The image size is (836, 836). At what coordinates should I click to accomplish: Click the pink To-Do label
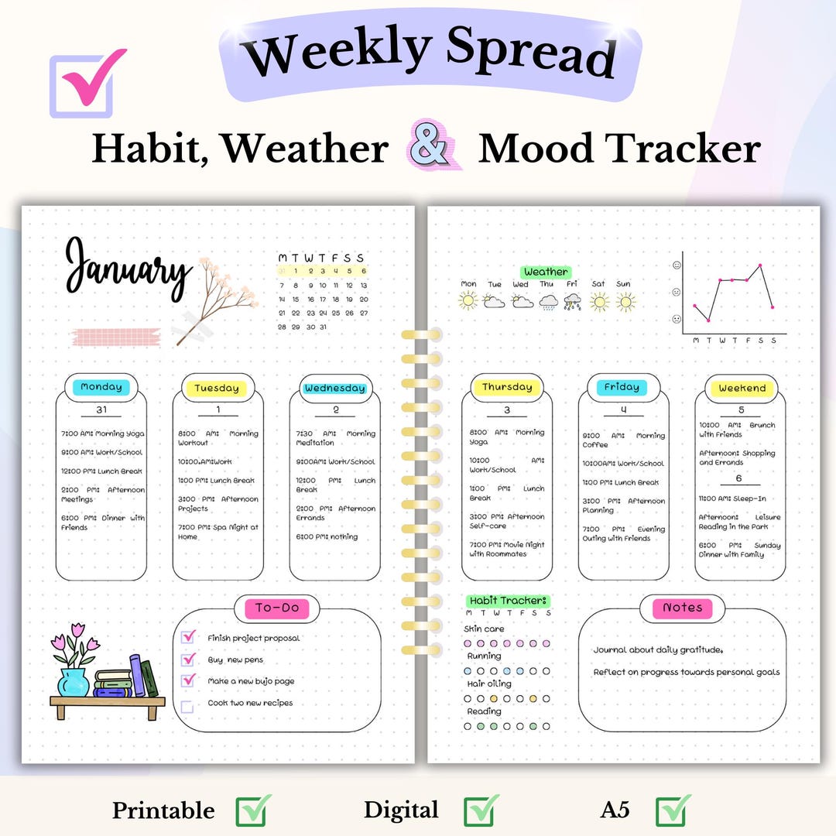tap(277, 608)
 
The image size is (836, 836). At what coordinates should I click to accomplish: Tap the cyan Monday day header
tap(101, 387)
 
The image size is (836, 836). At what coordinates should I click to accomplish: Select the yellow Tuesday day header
tap(217, 388)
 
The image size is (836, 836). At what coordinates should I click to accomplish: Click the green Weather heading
tap(546, 272)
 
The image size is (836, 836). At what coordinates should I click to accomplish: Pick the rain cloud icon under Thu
tap(548, 303)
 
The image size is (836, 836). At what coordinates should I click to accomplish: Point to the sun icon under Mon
tap(468, 301)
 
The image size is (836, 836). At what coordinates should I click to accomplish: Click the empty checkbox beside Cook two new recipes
tap(187, 706)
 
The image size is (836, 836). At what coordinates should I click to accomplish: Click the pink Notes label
tap(682, 608)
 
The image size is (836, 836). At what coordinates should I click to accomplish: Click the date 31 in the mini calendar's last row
tap(323, 327)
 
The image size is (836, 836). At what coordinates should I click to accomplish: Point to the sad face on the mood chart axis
tap(677, 319)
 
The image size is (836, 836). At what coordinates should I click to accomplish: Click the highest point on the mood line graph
tap(760, 266)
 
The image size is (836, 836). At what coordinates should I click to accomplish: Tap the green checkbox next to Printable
tap(254, 810)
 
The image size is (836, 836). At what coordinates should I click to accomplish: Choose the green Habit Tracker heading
tap(508, 601)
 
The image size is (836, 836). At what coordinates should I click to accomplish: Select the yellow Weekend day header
tap(741, 388)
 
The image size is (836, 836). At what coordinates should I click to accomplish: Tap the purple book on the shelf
tap(137, 675)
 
